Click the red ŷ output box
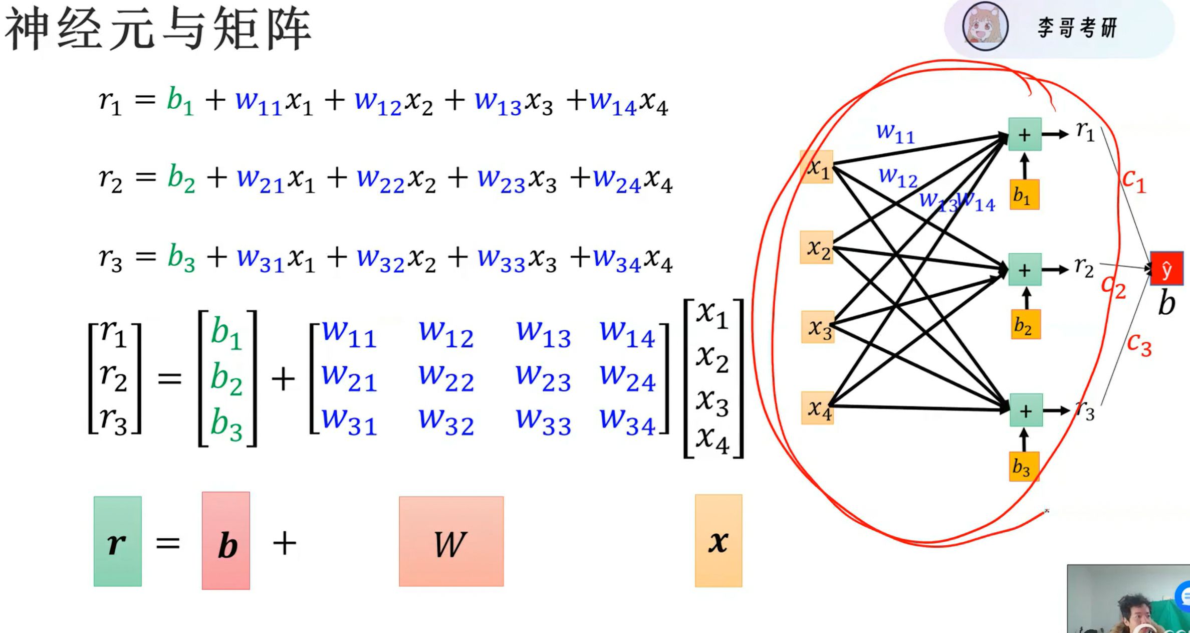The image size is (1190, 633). point(1166,269)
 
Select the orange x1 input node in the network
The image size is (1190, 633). point(817,167)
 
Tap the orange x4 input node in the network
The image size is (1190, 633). point(817,408)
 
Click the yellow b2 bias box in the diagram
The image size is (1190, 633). point(1025,325)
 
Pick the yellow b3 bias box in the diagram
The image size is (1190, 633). point(1023,467)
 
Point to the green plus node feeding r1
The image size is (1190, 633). point(1025,134)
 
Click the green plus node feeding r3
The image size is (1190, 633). point(1026,410)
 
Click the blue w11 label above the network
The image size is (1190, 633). point(895,133)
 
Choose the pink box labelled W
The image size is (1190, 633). point(451,542)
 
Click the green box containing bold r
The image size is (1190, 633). point(117,542)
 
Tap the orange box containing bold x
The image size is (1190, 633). point(718,541)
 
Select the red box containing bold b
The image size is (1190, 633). point(226,541)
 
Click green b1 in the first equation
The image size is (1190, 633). point(179,101)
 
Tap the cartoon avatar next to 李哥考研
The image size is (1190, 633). point(985,26)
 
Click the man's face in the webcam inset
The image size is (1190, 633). point(1135,614)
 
